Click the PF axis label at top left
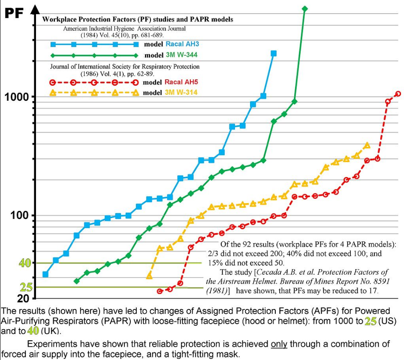click(13, 13)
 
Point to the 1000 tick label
click(17, 96)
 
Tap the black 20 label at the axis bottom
click(23, 299)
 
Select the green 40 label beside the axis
click(24, 263)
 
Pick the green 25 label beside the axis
click(26, 287)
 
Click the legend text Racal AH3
click(182, 44)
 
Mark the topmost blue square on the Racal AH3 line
click(274, 54)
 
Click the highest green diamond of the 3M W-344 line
click(305, 9)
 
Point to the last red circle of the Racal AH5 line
click(398, 93)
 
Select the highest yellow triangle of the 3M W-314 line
click(367, 146)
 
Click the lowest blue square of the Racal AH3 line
click(45, 274)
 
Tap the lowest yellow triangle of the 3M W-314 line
click(149, 276)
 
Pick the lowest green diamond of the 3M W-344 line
click(77, 281)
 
